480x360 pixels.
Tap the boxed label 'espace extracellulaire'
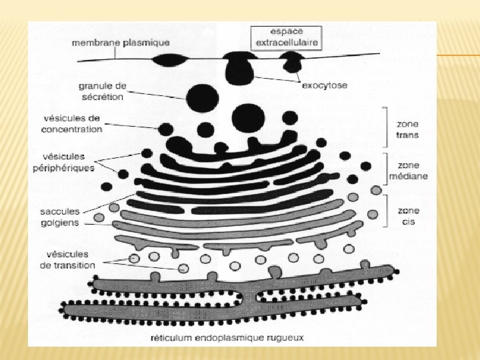[x=285, y=37]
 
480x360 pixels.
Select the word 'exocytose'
[x=324, y=85]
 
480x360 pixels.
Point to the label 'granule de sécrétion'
[x=101, y=91]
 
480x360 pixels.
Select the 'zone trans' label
[x=407, y=129]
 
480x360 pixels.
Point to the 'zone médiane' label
[x=413, y=171]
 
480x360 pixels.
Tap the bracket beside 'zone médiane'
[x=385, y=169]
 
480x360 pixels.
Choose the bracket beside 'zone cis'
[x=385, y=212]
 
